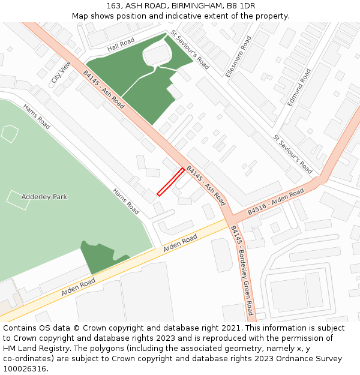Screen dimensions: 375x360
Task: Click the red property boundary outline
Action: pyautogui.click(x=170, y=182)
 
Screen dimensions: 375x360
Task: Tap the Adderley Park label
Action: pyautogui.click(x=44, y=197)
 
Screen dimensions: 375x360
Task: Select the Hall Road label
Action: pyautogui.click(x=121, y=43)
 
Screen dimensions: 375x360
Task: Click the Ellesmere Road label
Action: pyautogui.click(x=247, y=56)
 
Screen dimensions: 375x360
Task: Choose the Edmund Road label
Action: pyautogui.click(x=299, y=88)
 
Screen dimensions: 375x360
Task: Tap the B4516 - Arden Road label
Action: pyautogui.click(x=275, y=203)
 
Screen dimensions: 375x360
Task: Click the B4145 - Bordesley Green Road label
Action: pyautogui.click(x=242, y=269)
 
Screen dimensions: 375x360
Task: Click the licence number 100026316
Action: pyautogui.click(x=25, y=369)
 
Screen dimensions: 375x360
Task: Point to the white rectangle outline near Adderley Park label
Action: pyautogui.click(x=18, y=200)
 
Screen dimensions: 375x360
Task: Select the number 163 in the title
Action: pyautogui.click(x=115, y=6)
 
